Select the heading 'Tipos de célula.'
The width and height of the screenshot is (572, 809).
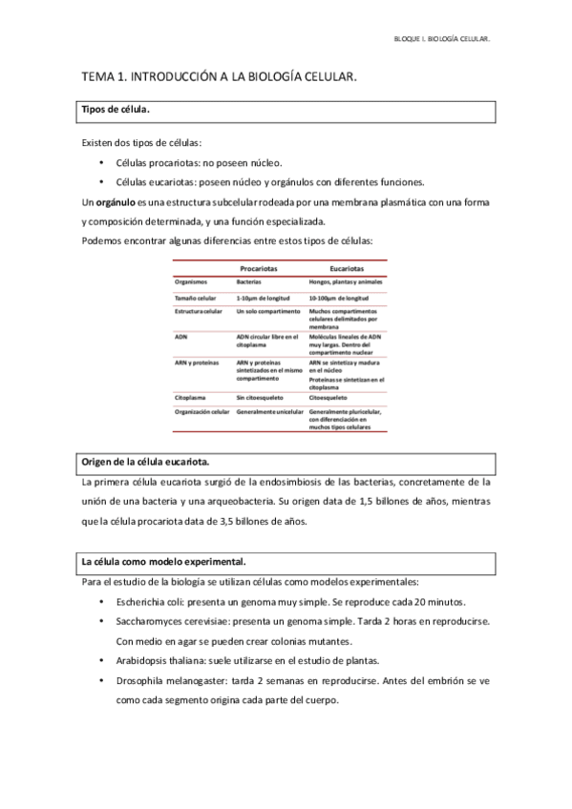(x=115, y=112)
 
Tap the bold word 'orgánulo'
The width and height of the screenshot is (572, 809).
(x=114, y=202)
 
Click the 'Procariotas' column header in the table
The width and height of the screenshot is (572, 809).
(x=259, y=270)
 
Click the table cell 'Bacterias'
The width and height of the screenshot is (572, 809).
(x=249, y=283)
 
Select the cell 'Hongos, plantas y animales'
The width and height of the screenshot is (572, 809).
(x=346, y=283)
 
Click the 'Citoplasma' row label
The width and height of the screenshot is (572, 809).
(x=192, y=394)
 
